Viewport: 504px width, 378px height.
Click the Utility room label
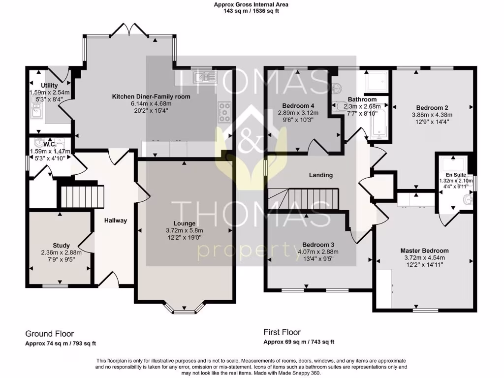pos(49,86)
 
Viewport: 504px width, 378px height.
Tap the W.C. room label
pos(50,144)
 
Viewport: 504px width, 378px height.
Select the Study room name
pos(61,245)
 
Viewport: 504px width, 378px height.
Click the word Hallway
pos(115,220)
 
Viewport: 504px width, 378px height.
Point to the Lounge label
pos(185,223)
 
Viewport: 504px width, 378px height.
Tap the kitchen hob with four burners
pos(224,112)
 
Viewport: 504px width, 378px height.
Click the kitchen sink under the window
pos(204,77)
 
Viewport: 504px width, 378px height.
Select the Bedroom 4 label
pos(298,105)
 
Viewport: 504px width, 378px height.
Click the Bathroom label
pos(362,99)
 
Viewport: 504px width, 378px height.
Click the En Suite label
pos(455,174)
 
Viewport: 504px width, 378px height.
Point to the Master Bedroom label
pos(424,251)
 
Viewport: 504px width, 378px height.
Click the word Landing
pos(320,175)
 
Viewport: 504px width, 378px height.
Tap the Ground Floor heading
pos(50,333)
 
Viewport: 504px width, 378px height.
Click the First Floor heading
pos(282,332)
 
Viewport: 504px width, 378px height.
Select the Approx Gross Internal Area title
pos(251,4)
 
